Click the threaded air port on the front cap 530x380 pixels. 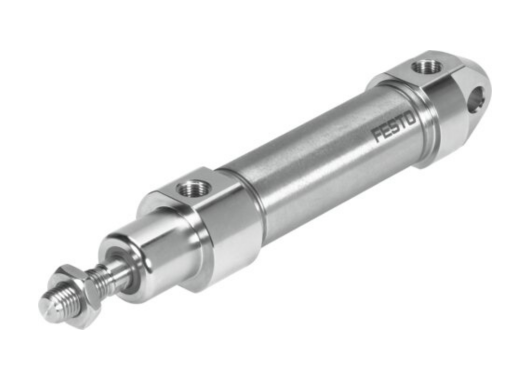191,186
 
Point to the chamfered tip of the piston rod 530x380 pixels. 46,303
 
